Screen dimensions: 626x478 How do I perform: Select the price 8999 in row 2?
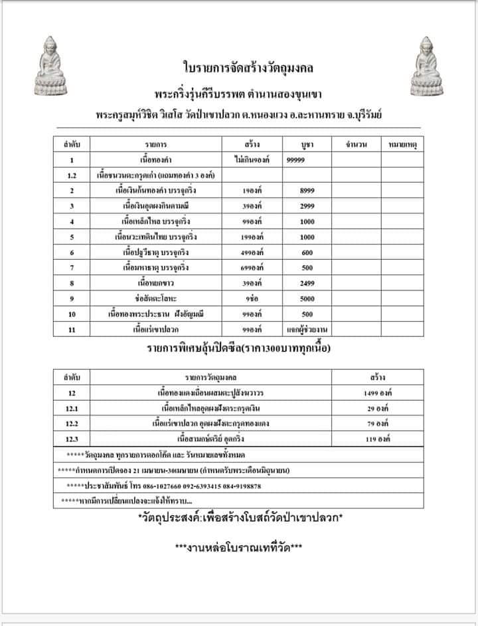click(x=307, y=191)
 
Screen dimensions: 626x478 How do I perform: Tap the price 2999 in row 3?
click(x=307, y=206)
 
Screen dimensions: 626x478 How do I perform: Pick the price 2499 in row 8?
click(x=307, y=283)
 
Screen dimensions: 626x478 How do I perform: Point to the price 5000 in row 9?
click(x=307, y=298)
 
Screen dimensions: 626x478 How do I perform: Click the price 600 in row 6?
click(x=307, y=253)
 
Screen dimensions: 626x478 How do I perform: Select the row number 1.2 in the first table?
click(x=72, y=175)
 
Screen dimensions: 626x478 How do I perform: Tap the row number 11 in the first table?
click(x=72, y=329)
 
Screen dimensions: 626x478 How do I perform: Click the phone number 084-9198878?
click(x=238, y=486)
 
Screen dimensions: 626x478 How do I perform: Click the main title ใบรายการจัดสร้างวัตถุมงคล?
click(x=239, y=68)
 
